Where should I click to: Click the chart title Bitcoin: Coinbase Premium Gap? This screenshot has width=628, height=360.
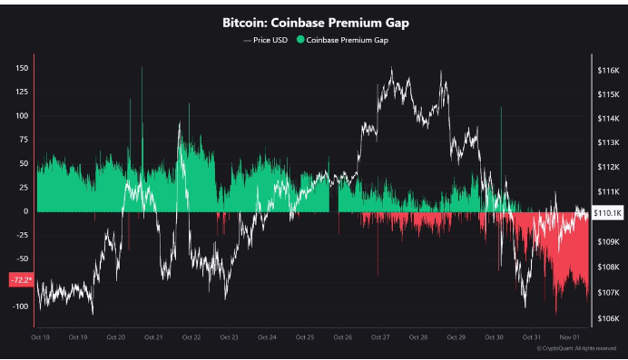tap(314, 22)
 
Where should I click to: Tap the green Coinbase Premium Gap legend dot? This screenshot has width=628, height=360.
tap(300, 40)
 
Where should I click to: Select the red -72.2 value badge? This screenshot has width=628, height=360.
tap(20, 279)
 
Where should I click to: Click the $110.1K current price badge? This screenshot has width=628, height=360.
tap(606, 211)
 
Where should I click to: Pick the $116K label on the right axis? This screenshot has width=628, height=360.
tap(607, 70)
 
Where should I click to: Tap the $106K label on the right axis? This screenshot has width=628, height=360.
tap(607, 318)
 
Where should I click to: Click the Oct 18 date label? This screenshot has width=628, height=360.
tap(40, 337)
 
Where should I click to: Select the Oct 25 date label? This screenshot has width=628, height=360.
tap(305, 337)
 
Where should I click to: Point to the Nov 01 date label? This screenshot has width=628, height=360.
tap(570, 337)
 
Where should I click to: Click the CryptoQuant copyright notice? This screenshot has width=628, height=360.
tap(576, 348)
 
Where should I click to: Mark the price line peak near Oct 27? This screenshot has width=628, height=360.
tap(391, 69)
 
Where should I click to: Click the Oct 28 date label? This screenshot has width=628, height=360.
tap(418, 337)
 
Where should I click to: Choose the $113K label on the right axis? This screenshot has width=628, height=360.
tap(607, 142)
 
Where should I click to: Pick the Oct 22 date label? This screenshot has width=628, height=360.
tap(191, 337)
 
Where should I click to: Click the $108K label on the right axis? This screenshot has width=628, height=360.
tap(607, 268)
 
